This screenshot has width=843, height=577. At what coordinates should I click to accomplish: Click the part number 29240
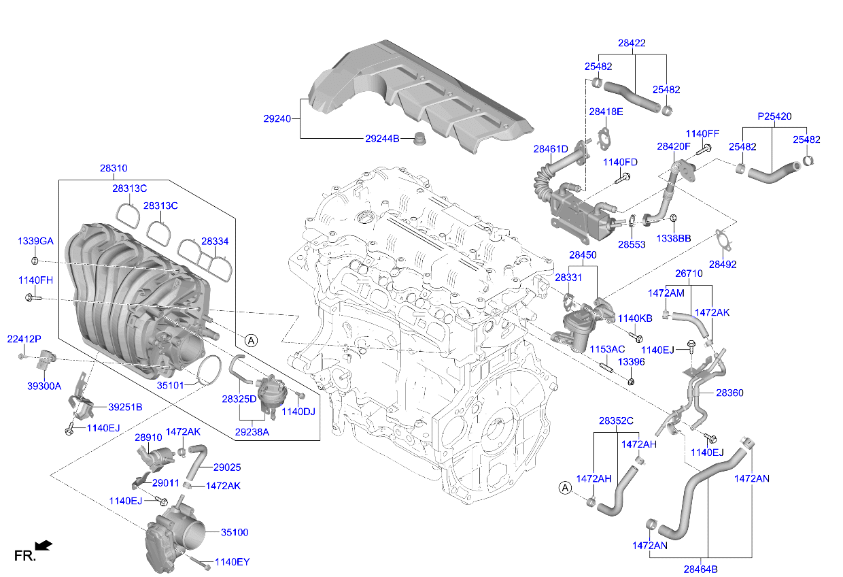coord(277,118)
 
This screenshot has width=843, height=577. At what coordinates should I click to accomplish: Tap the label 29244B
coord(381,138)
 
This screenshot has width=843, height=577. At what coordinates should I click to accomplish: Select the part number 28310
coord(113,168)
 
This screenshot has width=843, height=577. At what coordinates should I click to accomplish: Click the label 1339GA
coord(35,242)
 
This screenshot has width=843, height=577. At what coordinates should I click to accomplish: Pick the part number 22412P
coord(24,339)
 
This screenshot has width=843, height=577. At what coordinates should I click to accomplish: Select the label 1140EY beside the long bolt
coord(232,562)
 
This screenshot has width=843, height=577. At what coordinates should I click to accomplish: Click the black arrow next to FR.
coord(44,544)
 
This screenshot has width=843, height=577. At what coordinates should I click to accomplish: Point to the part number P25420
coord(774,116)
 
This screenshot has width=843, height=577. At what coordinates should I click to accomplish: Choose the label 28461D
coord(550,148)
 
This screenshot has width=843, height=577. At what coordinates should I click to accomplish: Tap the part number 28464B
coord(700,569)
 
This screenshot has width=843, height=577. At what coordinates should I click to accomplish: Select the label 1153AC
coord(606,349)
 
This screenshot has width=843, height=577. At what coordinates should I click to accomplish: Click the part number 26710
coord(689,274)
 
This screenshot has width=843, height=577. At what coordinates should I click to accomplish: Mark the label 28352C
coord(616,421)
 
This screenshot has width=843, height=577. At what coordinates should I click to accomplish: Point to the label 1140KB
coord(634,318)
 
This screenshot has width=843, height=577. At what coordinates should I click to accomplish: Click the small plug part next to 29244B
coord(419,139)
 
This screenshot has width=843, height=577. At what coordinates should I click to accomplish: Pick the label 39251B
coord(125,407)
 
